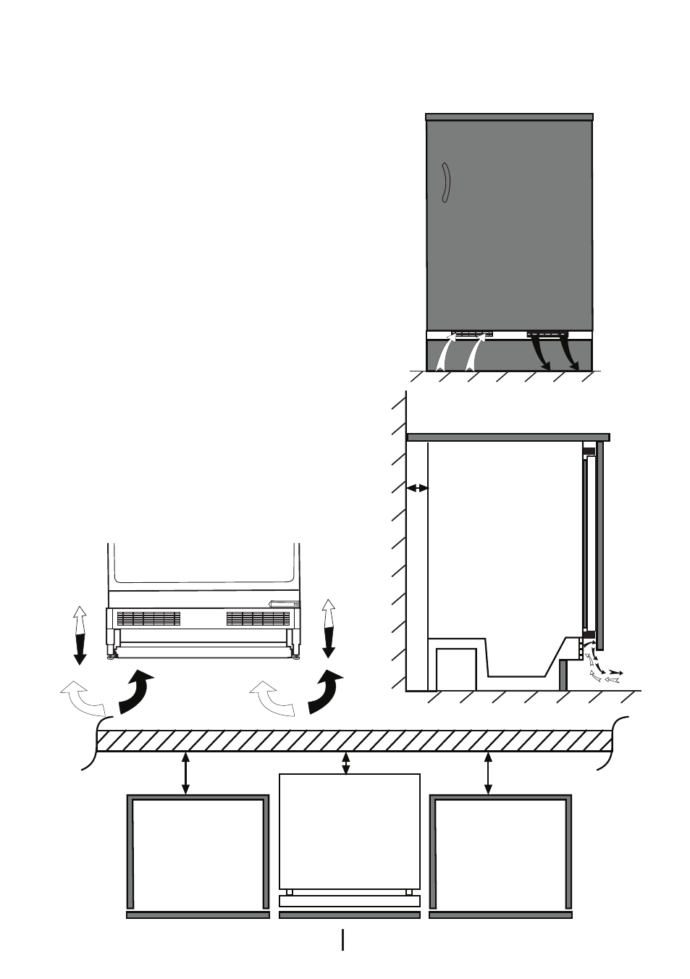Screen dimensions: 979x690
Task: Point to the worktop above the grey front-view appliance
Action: [x=509, y=117]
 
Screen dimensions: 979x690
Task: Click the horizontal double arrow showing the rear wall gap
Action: [x=417, y=489]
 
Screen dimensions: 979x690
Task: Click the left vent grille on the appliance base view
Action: [x=148, y=618]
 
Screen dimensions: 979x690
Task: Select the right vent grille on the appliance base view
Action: [x=258, y=618]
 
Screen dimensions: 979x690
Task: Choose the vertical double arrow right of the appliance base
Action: [x=329, y=628]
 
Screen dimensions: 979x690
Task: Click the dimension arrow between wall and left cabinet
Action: [x=186, y=773]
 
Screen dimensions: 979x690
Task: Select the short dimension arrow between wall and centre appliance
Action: [x=346, y=763]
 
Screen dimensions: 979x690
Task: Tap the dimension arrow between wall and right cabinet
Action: [x=488, y=773]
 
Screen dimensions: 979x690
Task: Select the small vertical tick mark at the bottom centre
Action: [x=343, y=939]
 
